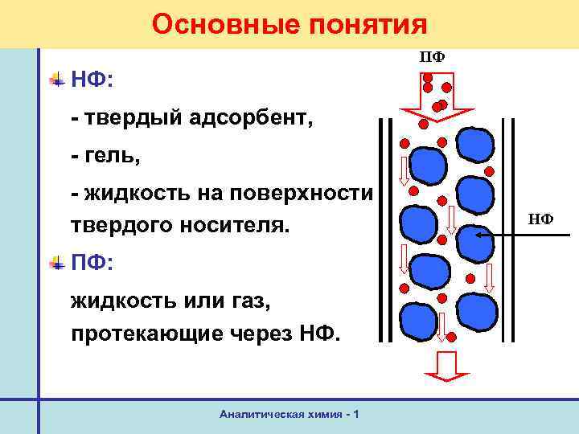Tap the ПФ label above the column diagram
tap(432, 57)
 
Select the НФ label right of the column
tap(540, 218)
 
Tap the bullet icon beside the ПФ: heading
tap(57, 262)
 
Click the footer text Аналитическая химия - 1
tap(289, 413)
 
